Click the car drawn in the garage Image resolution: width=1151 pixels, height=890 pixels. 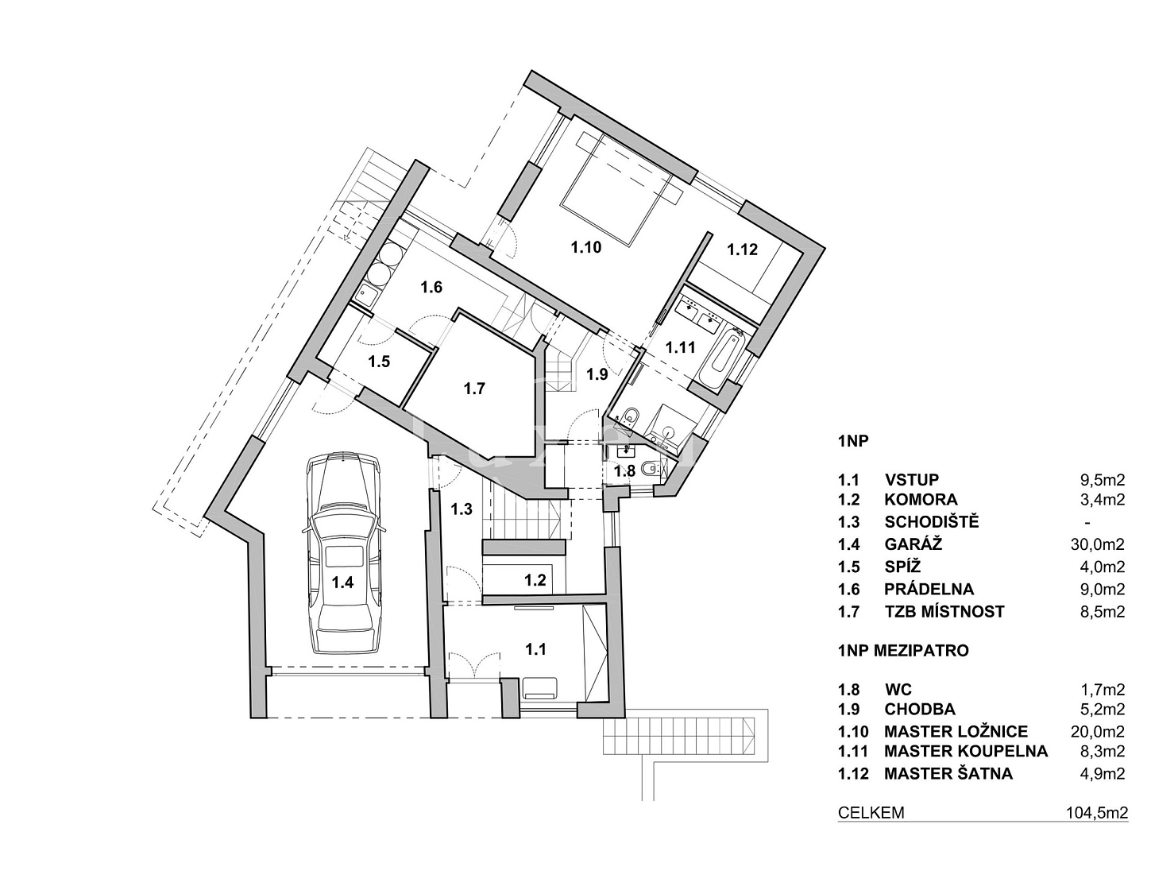[344, 554]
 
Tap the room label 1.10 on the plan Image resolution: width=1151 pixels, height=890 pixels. [586, 247]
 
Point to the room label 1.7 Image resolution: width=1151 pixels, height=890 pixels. [474, 389]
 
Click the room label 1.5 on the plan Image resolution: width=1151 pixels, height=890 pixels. [379, 362]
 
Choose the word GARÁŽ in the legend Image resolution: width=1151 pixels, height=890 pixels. [906, 544]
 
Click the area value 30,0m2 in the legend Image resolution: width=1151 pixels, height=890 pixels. [1098, 544]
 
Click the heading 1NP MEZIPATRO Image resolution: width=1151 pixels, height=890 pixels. [903, 651]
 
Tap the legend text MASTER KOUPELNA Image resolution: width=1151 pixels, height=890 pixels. [966, 751]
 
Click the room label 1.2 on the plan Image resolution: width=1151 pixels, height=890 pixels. [535, 580]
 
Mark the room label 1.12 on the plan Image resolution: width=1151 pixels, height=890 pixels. [742, 249]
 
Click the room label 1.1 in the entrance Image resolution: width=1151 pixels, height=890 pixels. [535, 649]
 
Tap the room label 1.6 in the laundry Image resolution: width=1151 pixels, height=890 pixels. [431, 287]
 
